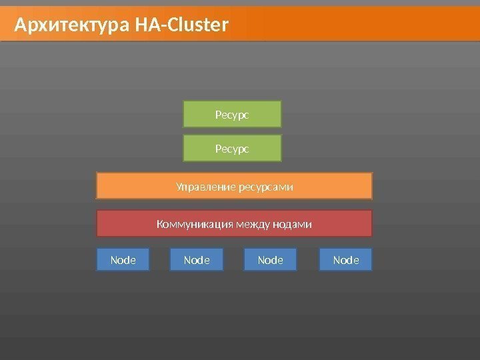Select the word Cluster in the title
(x=199, y=26)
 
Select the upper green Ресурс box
(x=233, y=114)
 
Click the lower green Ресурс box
(x=233, y=149)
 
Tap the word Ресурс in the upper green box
(x=232, y=115)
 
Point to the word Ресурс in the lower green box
(x=232, y=149)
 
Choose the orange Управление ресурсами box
(x=234, y=186)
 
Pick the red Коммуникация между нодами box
(x=234, y=224)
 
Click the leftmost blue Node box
(x=123, y=260)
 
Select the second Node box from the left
(x=197, y=260)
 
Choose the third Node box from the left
(x=271, y=260)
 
